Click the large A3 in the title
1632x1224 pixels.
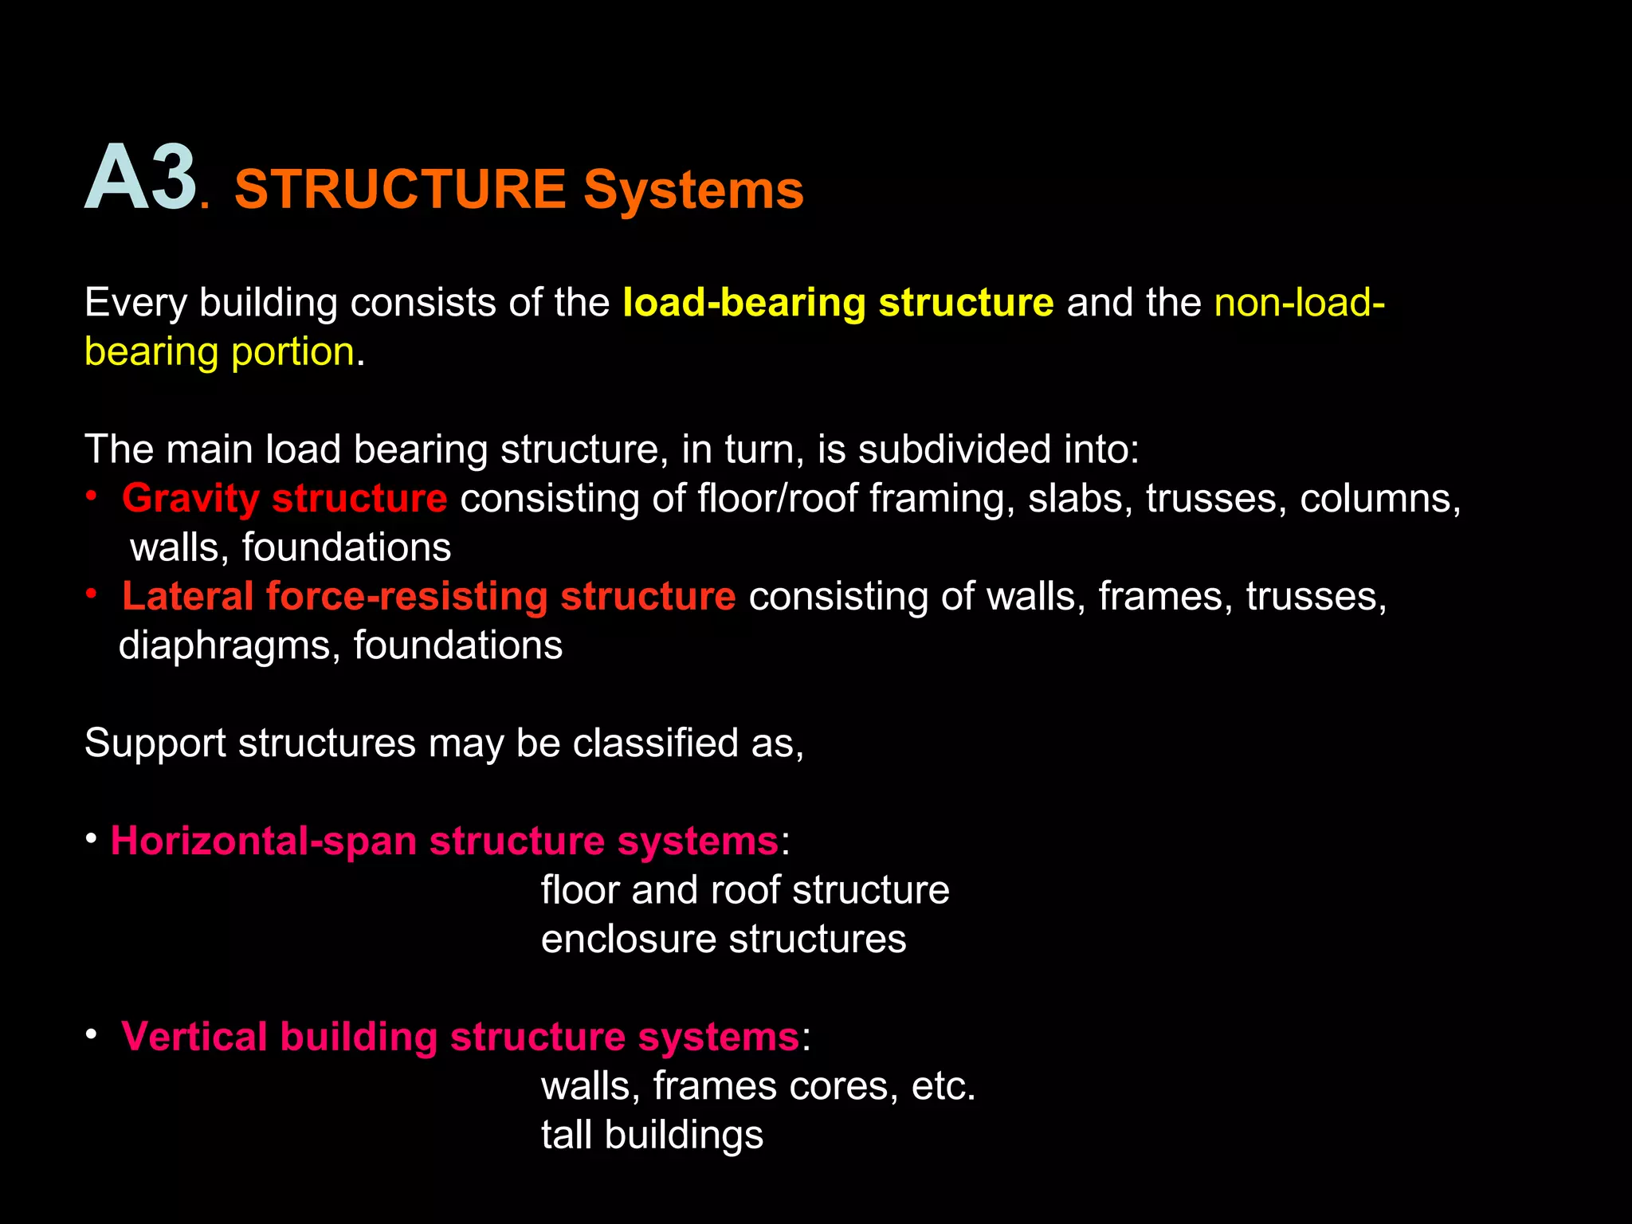(x=141, y=178)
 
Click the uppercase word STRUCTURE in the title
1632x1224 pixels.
(x=400, y=190)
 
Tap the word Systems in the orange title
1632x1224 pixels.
(x=693, y=190)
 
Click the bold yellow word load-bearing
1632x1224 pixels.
(x=744, y=304)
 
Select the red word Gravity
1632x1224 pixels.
(x=190, y=499)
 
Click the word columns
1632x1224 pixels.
(x=1380, y=499)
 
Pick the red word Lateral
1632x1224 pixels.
(x=188, y=597)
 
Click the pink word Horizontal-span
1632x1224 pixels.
(x=264, y=841)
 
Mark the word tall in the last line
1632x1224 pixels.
(x=567, y=1135)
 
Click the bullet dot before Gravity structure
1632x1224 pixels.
(x=92, y=497)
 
